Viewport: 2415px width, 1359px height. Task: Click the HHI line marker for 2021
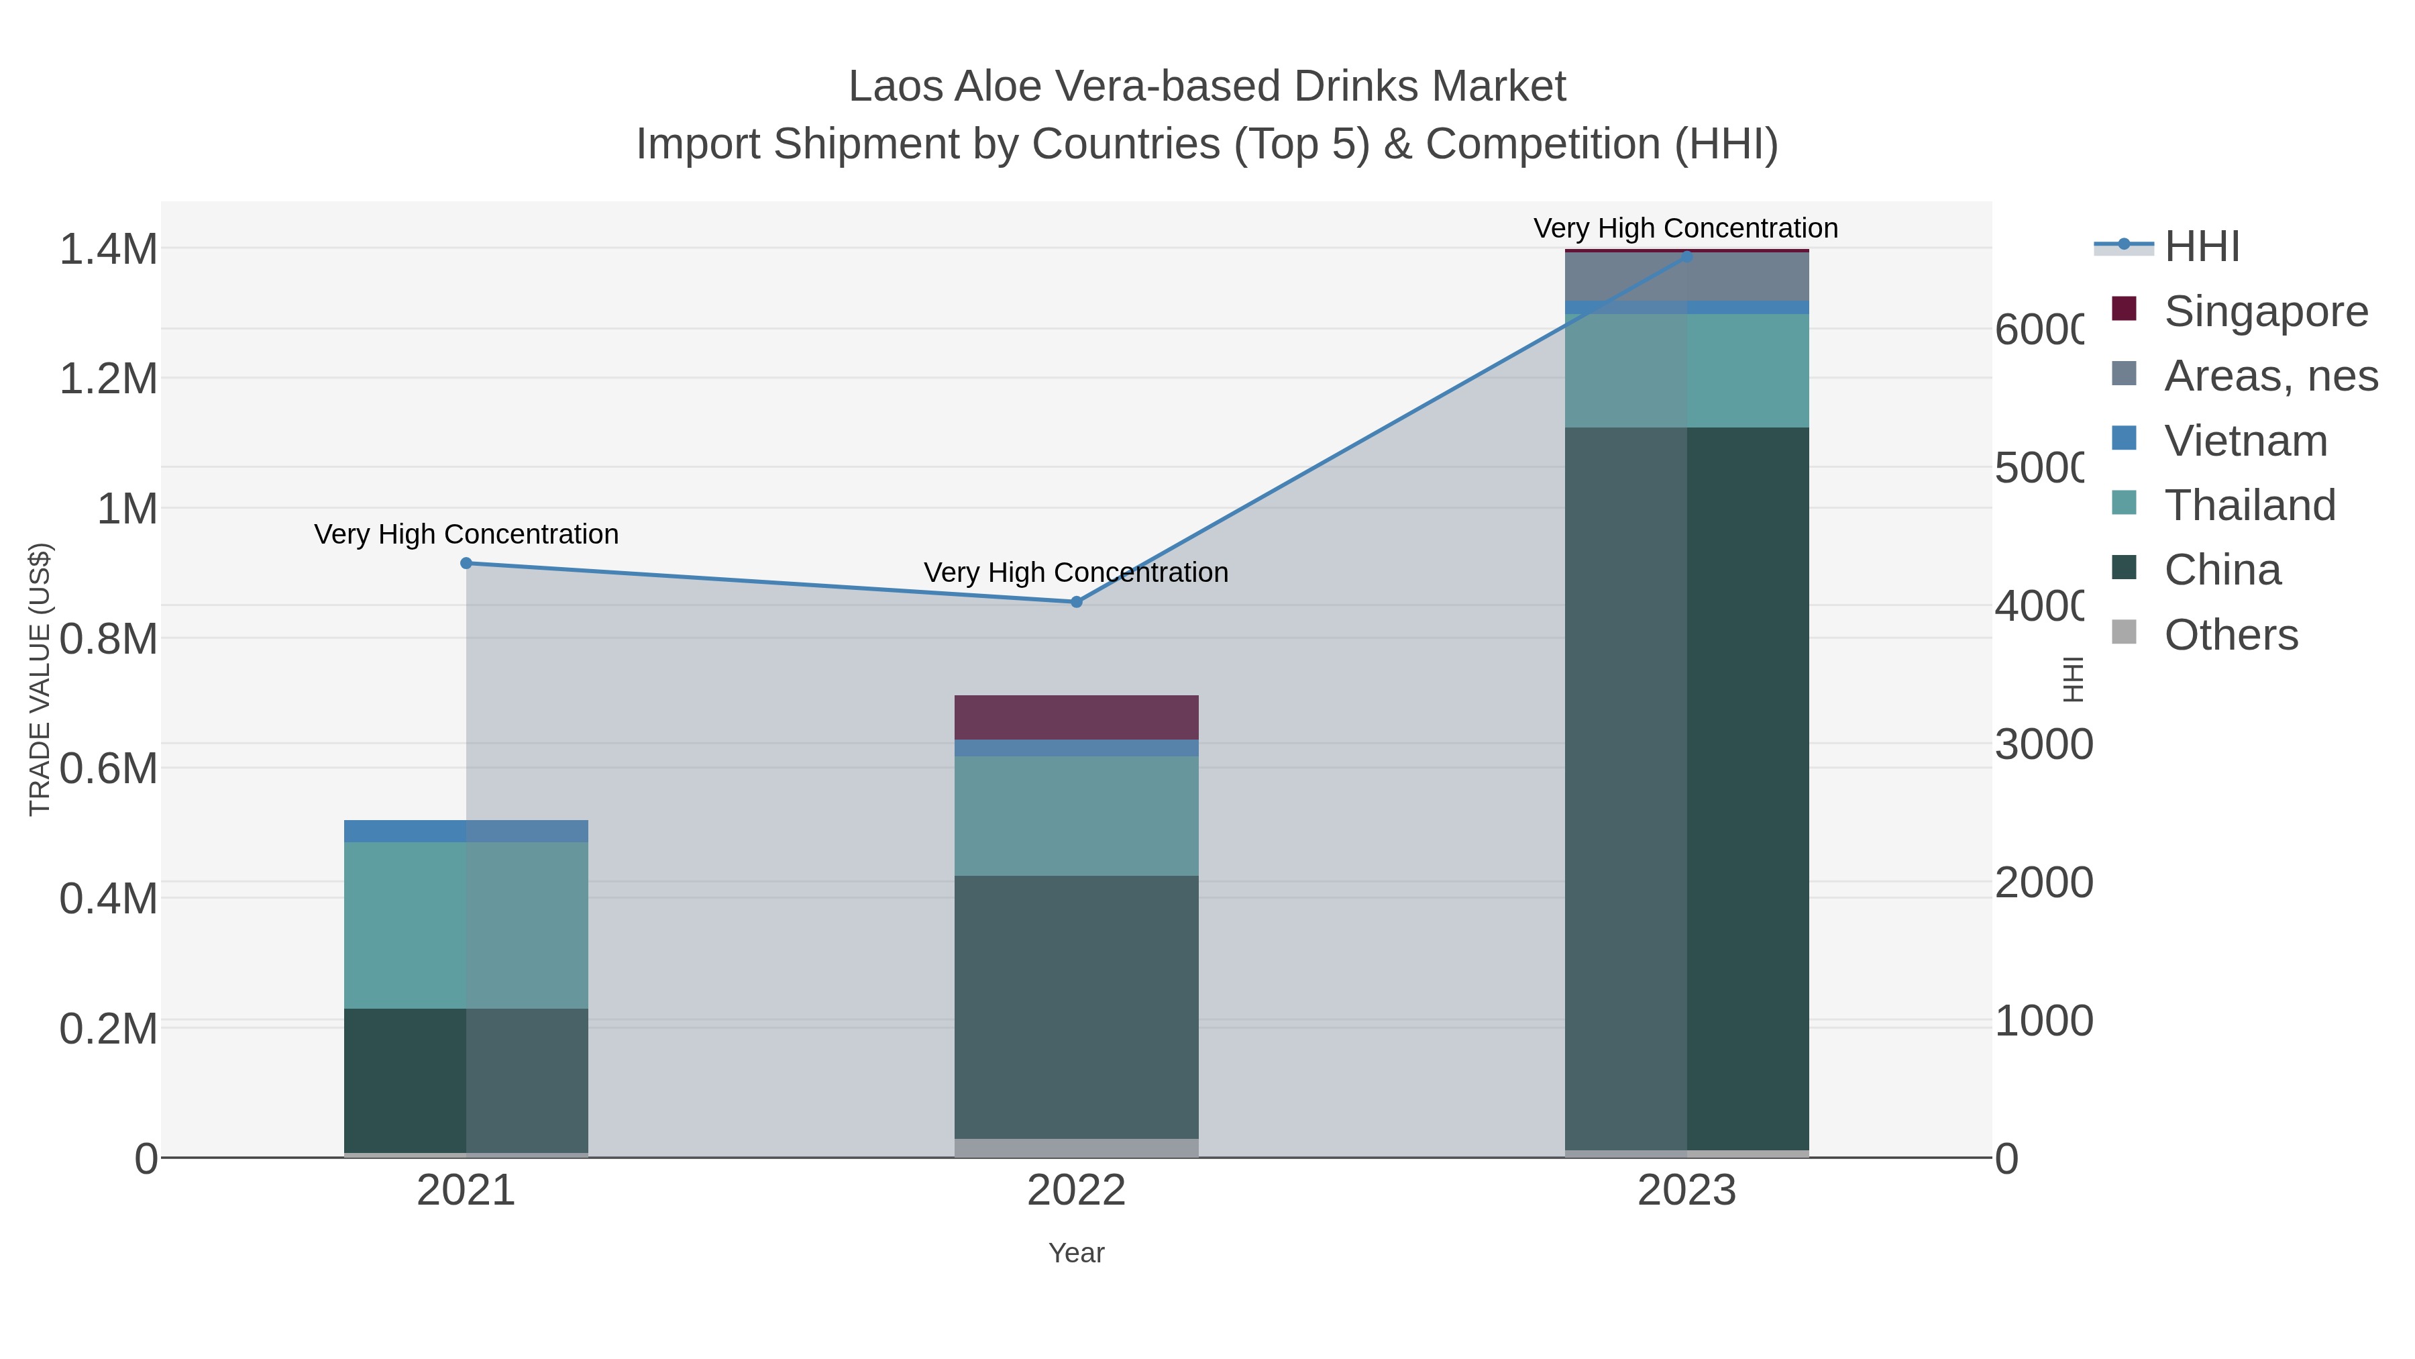466,563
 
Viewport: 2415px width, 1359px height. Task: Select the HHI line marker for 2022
1076,602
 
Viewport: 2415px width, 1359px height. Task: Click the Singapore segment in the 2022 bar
1076,717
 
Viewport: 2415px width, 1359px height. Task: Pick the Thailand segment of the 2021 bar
466,925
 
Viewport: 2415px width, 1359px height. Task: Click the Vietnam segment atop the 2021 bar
466,831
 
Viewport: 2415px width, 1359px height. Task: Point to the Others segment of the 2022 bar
1076,1148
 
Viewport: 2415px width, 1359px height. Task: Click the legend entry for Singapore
2265,311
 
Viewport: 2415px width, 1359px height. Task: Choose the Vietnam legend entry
2245,441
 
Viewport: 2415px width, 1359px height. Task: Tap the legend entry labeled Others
2231,635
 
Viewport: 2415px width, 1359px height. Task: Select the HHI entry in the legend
2201,247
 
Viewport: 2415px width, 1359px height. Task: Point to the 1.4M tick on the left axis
109,250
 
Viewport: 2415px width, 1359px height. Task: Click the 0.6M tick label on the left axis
109,769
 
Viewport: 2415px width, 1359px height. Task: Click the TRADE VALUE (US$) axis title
40,679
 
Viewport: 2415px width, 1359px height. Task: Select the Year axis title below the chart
1076,1253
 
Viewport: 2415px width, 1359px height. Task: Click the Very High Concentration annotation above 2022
1076,572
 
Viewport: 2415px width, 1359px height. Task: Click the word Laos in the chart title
896,87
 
